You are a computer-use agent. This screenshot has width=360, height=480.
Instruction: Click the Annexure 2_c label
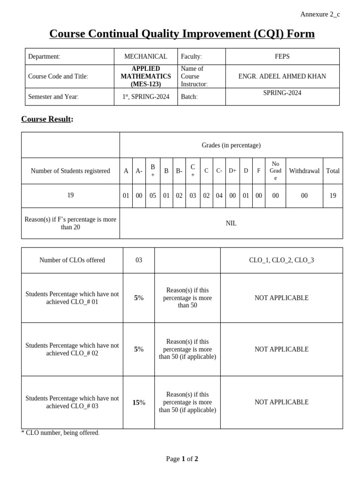coord(320,14)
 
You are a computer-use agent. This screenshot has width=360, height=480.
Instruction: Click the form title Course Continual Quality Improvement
coord(182,34)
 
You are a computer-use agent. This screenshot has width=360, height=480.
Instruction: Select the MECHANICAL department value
coord(145,56)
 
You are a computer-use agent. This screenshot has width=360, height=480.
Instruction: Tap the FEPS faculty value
coord(282,56)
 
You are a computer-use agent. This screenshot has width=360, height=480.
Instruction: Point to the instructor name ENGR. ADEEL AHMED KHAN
coord(282,76)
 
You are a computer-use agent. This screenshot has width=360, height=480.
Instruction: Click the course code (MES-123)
coord(145,84)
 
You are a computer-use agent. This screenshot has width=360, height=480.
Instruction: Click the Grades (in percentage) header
coord(231,145)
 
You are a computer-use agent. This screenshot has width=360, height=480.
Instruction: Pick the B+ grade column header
coord(153,171)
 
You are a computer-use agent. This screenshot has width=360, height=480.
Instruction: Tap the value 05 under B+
coord(153,196)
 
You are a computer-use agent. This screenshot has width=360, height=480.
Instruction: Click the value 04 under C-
coord(219,196)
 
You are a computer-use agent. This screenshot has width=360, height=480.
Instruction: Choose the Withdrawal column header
coord(304,171)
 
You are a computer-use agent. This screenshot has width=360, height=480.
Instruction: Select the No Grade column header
coord(275,171)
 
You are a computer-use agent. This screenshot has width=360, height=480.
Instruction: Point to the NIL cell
coord(231,224)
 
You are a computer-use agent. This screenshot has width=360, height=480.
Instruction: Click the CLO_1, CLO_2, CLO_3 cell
coord(281,260)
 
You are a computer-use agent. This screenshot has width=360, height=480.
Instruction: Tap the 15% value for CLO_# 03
coord(139,402)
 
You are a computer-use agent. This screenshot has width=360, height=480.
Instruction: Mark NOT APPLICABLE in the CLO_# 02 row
coord(281,349)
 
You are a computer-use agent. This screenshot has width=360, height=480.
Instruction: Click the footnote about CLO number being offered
coord(60,433)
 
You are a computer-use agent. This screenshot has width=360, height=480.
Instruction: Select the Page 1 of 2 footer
coord(182,459)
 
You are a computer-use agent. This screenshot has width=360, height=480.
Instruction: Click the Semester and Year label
coord(53,97)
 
